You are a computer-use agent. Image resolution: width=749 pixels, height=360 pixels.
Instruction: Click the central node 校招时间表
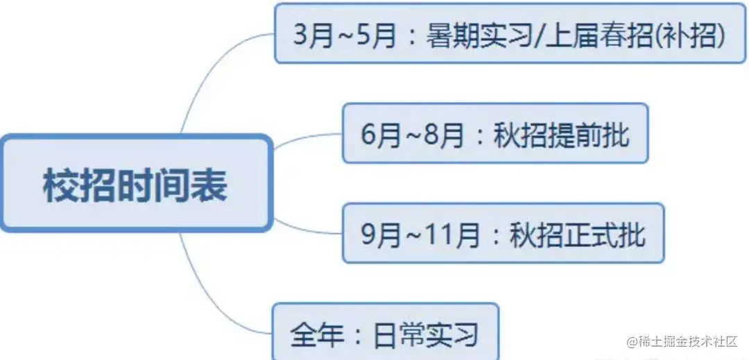135,185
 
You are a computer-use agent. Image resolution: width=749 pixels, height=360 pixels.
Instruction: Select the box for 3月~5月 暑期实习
510,33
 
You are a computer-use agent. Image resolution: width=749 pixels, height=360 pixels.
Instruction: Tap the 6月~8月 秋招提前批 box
495,134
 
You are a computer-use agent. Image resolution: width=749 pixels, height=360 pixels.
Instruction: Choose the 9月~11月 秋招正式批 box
503,234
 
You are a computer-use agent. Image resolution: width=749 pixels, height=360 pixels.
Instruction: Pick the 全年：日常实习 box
385,333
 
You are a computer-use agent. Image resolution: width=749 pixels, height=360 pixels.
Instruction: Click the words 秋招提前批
562,135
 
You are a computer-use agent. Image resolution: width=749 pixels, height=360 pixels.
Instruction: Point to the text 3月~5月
344,35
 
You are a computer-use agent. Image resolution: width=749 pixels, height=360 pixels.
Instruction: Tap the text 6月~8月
413,135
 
